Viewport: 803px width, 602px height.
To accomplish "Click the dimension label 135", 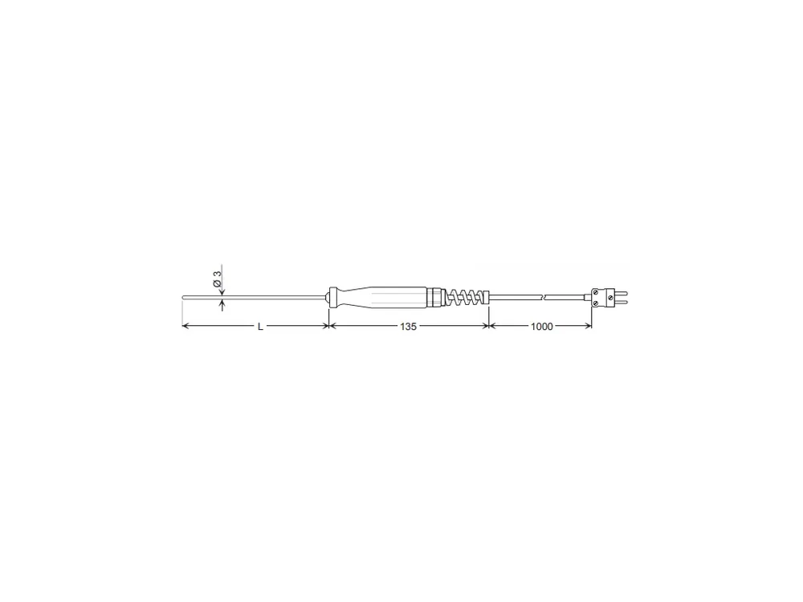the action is click(x=408, y=326).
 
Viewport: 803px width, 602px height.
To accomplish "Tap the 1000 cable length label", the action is click(x=541, y=326).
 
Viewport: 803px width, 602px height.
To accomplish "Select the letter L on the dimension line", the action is click(x=260, y=327).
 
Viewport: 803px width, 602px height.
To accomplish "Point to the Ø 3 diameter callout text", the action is click(x=217, y=279).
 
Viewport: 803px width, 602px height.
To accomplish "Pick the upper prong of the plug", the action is click(x=620, y=293).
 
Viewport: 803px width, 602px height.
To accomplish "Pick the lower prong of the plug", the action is click(x=620, y=302).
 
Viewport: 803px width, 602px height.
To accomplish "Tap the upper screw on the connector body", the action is click(x=596, y=292).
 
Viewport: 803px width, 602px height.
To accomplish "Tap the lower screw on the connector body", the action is click(x=596, y=303).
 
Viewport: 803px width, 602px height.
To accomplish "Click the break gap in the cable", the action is click(x=544, y=297).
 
